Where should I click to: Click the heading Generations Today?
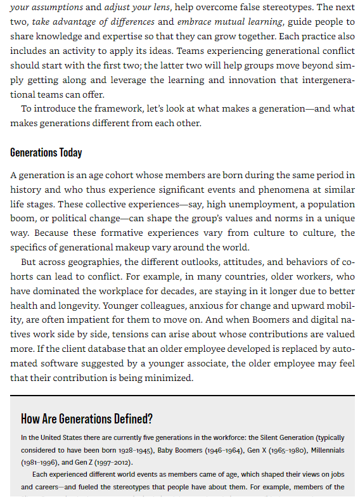46,153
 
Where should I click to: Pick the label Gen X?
255,450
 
